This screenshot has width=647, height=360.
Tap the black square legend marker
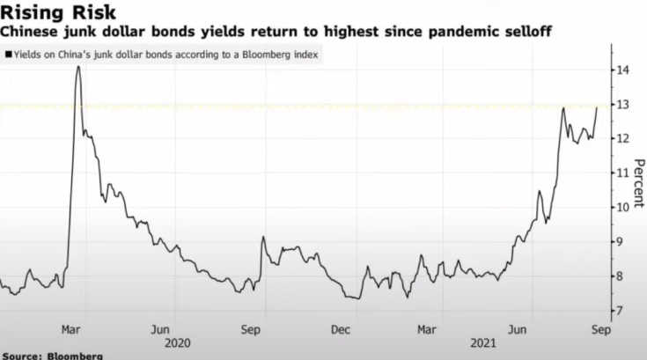tap(8, 55)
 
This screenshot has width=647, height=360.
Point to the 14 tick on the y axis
tap(622, 70)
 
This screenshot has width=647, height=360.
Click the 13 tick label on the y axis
tap(622, 104)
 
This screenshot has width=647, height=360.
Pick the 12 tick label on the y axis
tap(622, 138)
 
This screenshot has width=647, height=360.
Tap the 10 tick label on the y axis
tap(622, 207)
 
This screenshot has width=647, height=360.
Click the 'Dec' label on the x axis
tap(341, 329)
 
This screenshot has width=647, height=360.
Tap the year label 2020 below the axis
tap(178, 342)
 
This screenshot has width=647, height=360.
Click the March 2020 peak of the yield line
tap(77, 67)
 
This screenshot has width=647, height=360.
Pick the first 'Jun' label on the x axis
tap(159, 329)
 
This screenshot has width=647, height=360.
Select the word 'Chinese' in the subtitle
tap(30, 33)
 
